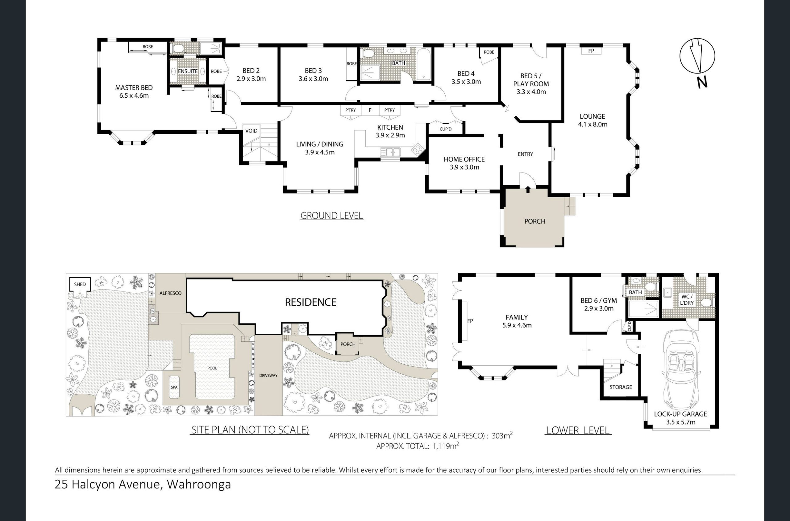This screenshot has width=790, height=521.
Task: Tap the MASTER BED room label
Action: pyautogui.click(x=134, y=88)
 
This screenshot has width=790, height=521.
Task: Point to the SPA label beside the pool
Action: pyautogui.click(x=174, y=387)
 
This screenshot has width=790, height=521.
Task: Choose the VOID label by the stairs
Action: pyautogui.click(x=251, y=131)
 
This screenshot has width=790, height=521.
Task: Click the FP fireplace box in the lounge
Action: pyautogui.click(x=591, y=51)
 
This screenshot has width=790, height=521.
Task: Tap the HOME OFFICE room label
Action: pyautogui.click(x=464, y=159)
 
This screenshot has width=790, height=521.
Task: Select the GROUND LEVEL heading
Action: pyautogui.click(x=332, y=216)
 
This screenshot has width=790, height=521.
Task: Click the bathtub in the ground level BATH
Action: pyautogui.click(x=423, y=64)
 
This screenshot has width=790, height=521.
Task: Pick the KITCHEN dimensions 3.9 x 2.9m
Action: pyautogui.click(x=390, y=135)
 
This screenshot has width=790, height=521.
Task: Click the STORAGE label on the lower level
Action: pyautogui.click(x=621, y=387)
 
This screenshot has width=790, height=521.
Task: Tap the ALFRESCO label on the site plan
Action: pyautogui.click(x=170, y=293)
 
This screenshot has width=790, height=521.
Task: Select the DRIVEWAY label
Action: pyautogui.click(x=268, y=376)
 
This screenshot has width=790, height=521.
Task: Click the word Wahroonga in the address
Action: pyautogui.click(x=199, y=484)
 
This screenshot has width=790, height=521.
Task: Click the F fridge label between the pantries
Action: pyautogui.click(x=370, y=110)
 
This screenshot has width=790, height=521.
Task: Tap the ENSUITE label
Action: pyautogui.click(x=188, y=71)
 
